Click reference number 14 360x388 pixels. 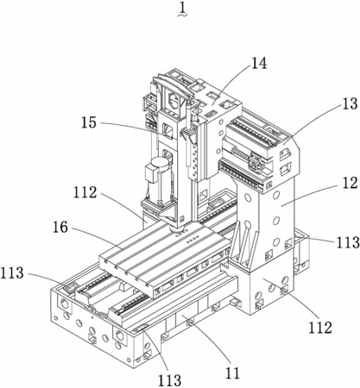point(259,63)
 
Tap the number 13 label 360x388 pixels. point(350,103)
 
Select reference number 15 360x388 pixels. point(89,122)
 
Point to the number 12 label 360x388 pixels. point(350,183)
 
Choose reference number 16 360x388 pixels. point(60,228)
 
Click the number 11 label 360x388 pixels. point(232,373)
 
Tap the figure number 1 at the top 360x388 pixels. point(182,9)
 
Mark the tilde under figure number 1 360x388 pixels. point(182,16)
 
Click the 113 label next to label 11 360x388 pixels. point(170,380)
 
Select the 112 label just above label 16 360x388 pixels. point(85,192)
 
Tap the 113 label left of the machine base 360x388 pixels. point(12,272)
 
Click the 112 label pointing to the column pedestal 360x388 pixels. point(320,327)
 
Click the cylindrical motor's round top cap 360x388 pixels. point(160,164)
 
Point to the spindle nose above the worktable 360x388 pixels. point(177,228)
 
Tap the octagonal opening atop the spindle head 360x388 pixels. point(174,100)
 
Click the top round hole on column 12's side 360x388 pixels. point(276,196)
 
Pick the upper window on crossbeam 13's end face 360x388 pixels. point(285,153)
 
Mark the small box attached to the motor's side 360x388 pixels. point(151,175)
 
